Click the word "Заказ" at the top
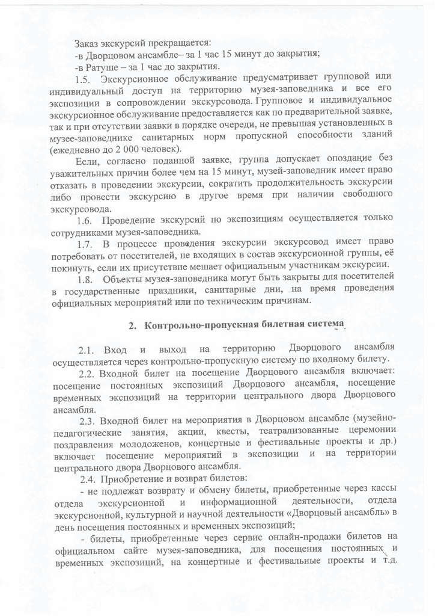click(87, 43)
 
